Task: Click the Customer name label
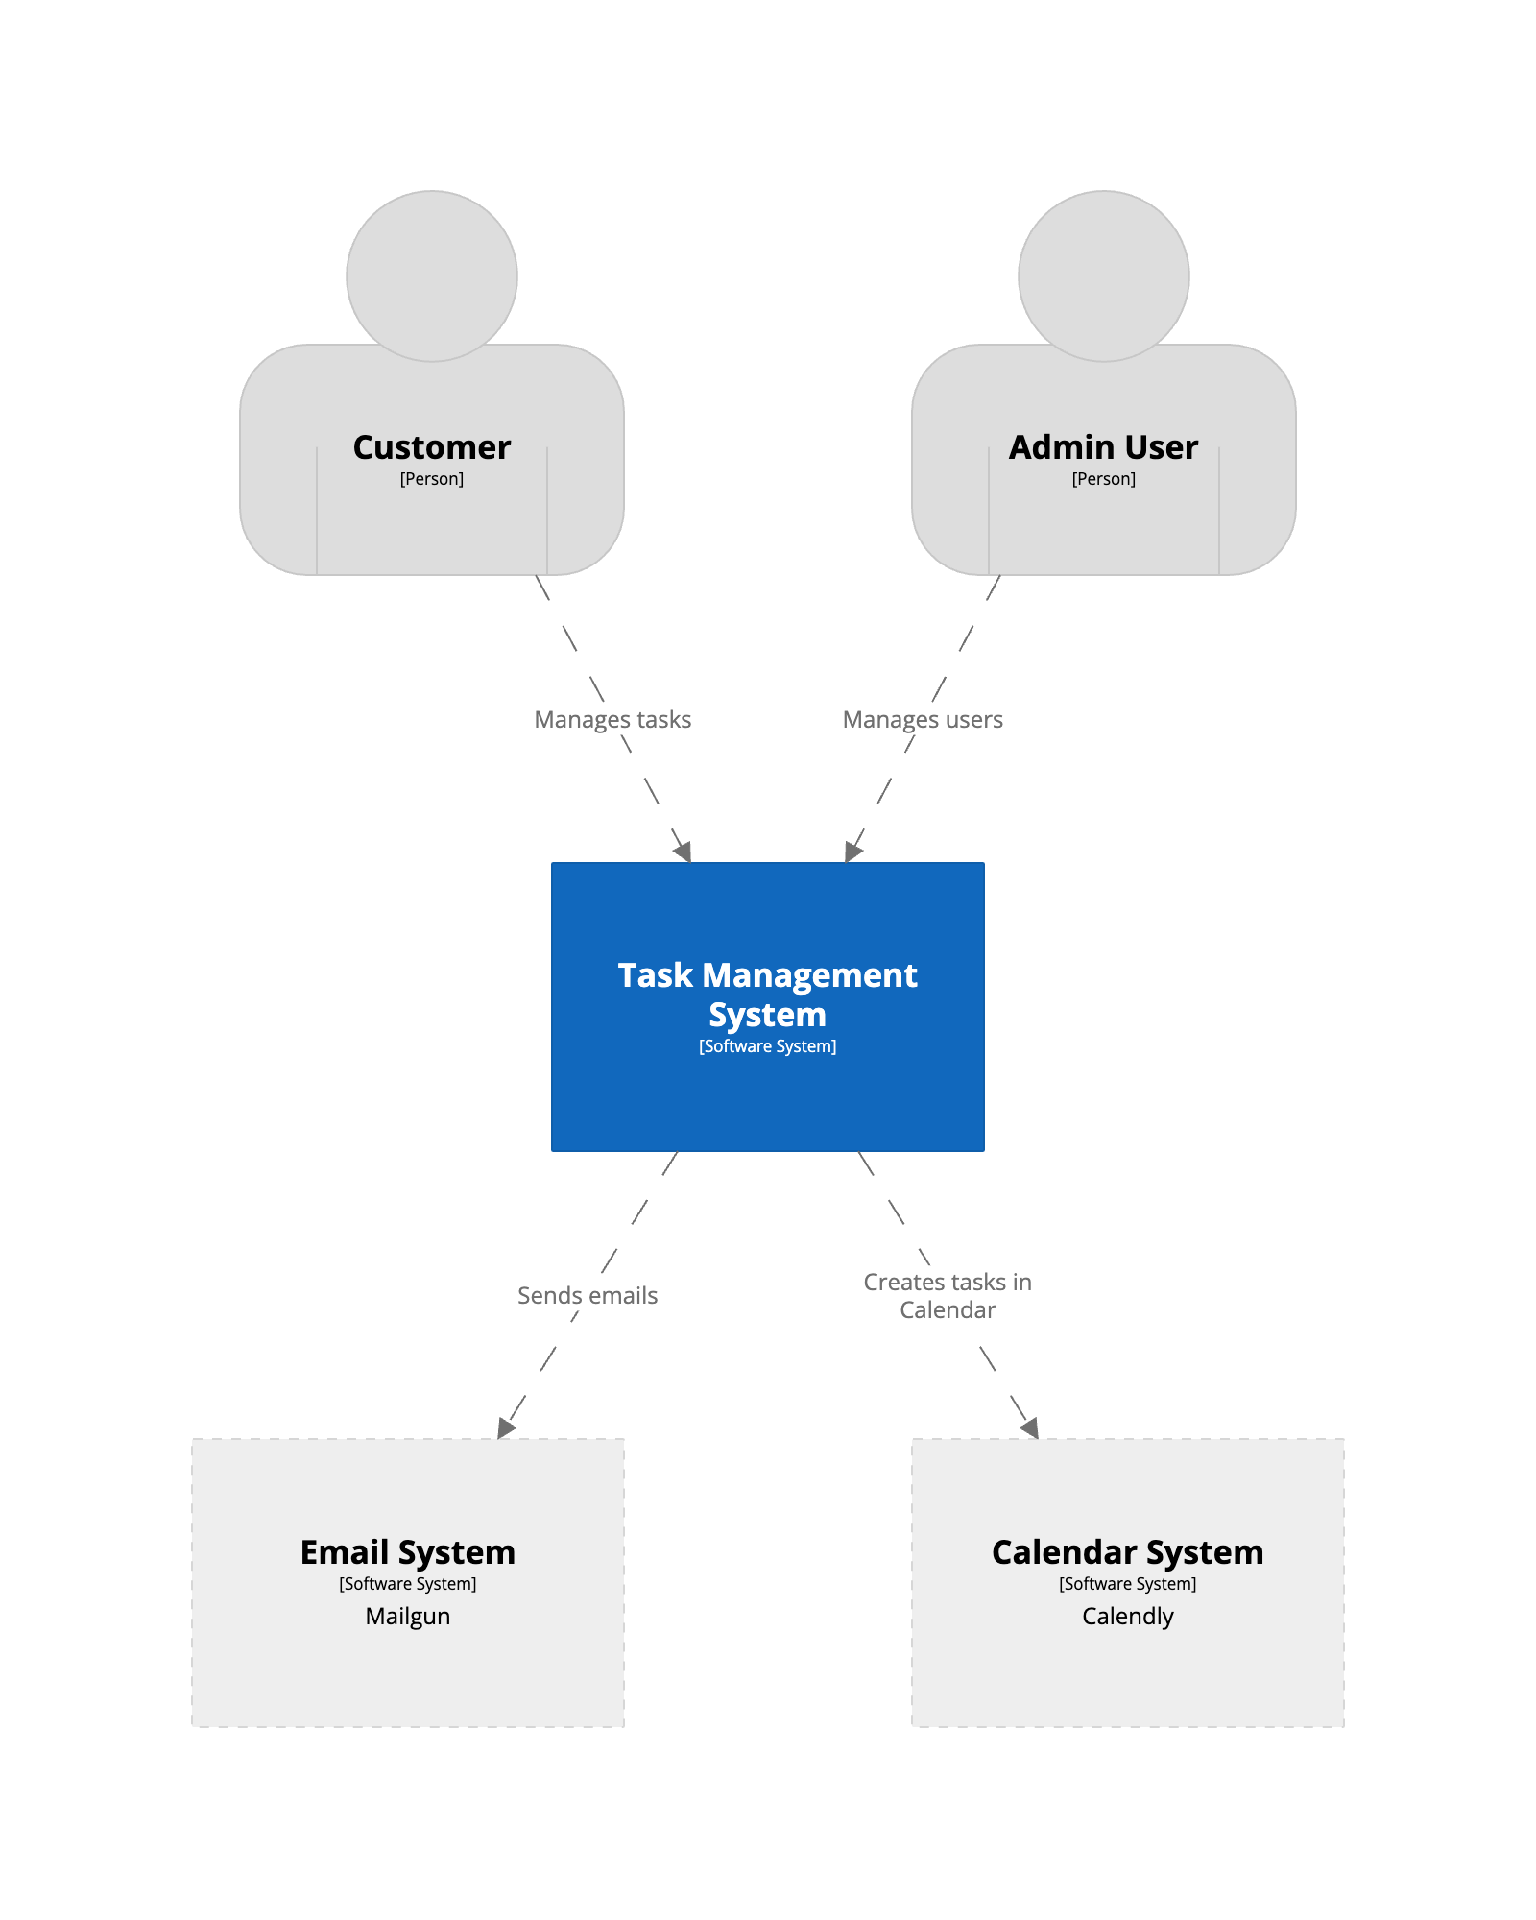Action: (x=432, y=447)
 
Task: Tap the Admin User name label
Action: (x=1103, y=447)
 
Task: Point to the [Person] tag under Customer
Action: (x=432, y=479)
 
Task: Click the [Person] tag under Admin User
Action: (x=1103, y=479)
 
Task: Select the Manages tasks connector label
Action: (x=612, y=719)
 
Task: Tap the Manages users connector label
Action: (x=923, y=719)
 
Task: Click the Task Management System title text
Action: (x=767, y=995)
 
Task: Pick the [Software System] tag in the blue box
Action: (x=767, y=1046)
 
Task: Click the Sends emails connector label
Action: (x=588, y=1295)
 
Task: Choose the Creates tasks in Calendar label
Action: (x=948, y=1296)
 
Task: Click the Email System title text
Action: (x=408, y=1552)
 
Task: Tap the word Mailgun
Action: (x=408, y=1616)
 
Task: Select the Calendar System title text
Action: (x=1127, y=1552)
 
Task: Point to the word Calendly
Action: (x=1127, y=1616)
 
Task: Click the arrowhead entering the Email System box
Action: (x=506, y=1428)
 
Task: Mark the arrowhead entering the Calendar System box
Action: (x=1030, y=1428)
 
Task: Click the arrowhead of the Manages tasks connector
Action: (x=684, y=852)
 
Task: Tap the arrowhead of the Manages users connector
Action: (x=852, y=852)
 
